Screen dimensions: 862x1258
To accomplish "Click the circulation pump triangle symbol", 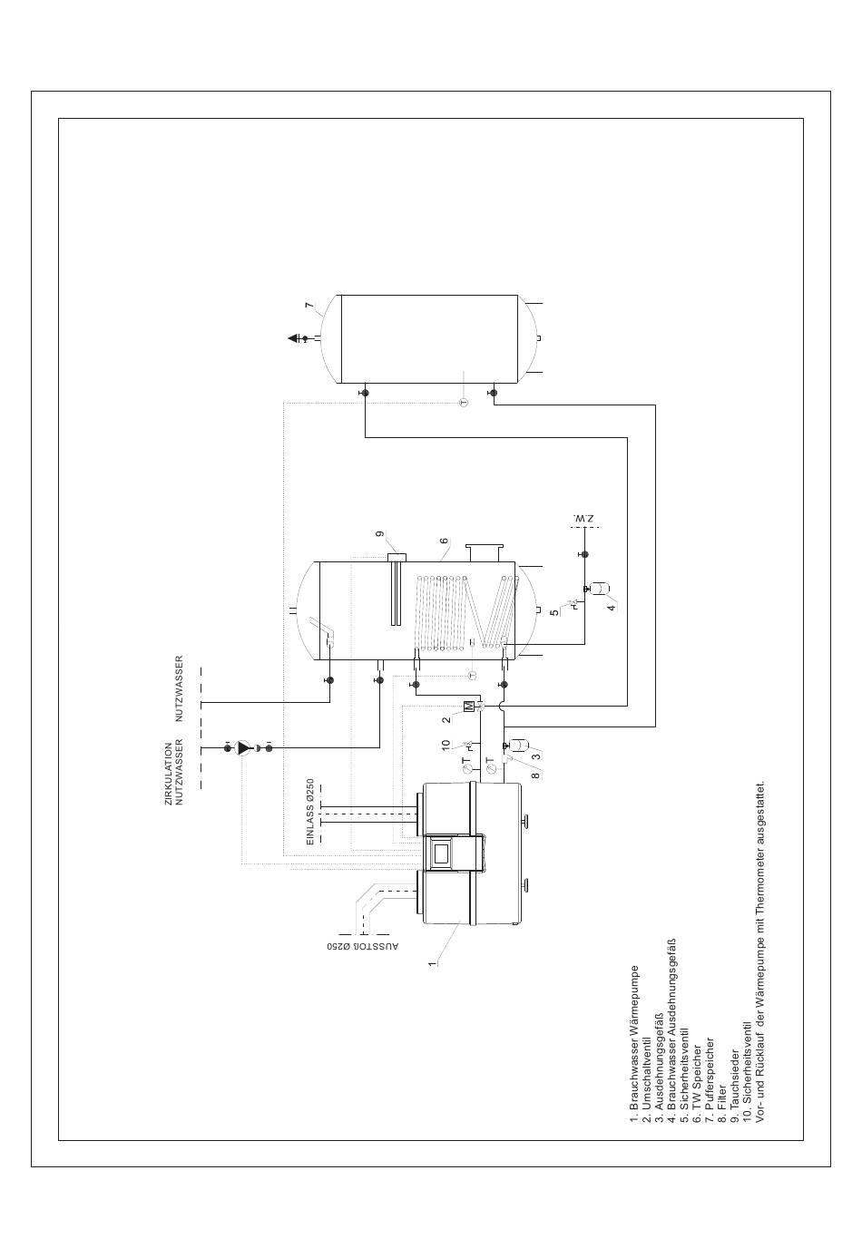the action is click(x=243, y=748).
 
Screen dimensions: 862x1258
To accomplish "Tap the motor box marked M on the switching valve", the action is click(x=468, y=706).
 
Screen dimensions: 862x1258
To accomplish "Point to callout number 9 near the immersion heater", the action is click(x=381, y=535).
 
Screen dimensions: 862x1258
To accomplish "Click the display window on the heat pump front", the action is click(x=441, y=852).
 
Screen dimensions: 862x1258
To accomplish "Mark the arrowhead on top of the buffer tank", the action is click(x=294, y=338).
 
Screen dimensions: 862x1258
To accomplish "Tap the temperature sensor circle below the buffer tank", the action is click(x=463, y=400).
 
